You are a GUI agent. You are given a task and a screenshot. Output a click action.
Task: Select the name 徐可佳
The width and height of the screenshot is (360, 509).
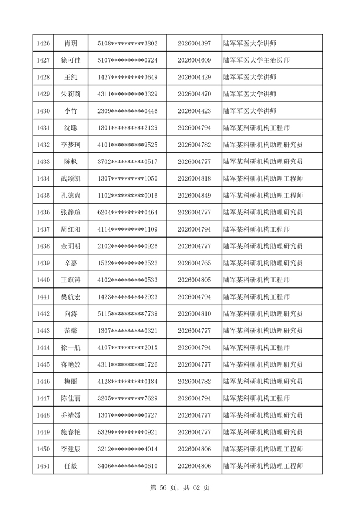click(x=71, y=60)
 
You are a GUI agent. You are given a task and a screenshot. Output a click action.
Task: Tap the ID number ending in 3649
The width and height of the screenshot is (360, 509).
click(x=127, y=77)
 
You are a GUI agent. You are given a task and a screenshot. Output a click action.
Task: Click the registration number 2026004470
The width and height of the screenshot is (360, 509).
click(x=194, y=94)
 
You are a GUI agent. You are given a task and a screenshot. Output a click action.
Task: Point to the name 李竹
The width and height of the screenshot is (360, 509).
click(x=71, y=111)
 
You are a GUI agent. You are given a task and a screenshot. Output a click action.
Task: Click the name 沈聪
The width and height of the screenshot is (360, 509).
click(x=71, y=128)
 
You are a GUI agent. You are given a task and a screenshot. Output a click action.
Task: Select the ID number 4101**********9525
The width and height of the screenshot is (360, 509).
click(x=127, y=145)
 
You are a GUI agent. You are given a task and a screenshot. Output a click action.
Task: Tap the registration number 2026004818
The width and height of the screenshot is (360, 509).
click(x=194, y=179)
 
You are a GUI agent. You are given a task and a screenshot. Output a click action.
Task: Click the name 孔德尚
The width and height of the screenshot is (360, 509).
click(x=71, y=196)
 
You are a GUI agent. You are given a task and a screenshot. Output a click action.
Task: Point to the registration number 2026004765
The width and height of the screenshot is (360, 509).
click(x=194, y=263)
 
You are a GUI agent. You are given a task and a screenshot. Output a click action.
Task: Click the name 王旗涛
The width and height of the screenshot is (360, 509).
click(x=71, y=280)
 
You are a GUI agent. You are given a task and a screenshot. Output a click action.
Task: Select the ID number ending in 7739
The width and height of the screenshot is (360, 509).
click(x=127, y=314)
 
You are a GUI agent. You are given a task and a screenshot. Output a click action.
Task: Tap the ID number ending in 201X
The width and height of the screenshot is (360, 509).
click(x=127, y=348)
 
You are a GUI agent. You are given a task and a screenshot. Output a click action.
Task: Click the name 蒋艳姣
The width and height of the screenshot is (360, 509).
click(x=71, y=364)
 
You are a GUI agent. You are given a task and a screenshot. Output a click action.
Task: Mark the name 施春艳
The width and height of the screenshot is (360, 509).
click(x=71, y=432)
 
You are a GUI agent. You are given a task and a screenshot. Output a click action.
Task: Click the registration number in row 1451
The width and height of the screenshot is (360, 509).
click(x=194, y=466)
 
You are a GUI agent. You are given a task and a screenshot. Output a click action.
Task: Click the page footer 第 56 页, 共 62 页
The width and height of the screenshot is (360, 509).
click(x=180, y=487)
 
